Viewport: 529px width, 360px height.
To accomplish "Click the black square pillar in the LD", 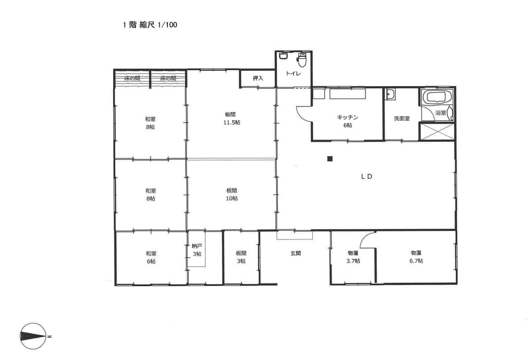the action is [x=330, y=159].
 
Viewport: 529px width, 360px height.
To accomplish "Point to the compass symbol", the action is [x=33, y=336].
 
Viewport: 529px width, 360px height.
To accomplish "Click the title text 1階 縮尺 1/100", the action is [x=150, y=25].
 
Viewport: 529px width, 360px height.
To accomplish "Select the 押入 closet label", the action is [x=258, y=78].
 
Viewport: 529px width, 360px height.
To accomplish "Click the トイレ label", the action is [x=293, y=73].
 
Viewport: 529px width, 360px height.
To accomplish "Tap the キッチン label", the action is [x=347, y=117].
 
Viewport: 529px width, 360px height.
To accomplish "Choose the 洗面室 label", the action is [x=402, y=118].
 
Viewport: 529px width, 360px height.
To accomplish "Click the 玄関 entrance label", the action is [x=296, y=253].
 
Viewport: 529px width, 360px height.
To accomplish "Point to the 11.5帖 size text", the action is [x=232, y=122].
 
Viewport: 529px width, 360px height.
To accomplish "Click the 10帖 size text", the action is [x=232, y=198].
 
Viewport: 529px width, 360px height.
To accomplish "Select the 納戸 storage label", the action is [x=197, y=246].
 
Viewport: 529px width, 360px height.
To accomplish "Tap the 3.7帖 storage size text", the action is [x=353, y=261].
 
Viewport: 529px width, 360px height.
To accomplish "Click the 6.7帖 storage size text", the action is [x=416, y=260].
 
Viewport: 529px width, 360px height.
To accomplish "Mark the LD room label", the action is [x=366, y=176].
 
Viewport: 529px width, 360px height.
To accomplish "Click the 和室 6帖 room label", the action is [x=151, y=257].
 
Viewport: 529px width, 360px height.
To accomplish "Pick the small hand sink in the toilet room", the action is [x=283, y=56].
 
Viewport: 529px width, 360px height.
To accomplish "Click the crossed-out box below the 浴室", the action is [x=437, y=131].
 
